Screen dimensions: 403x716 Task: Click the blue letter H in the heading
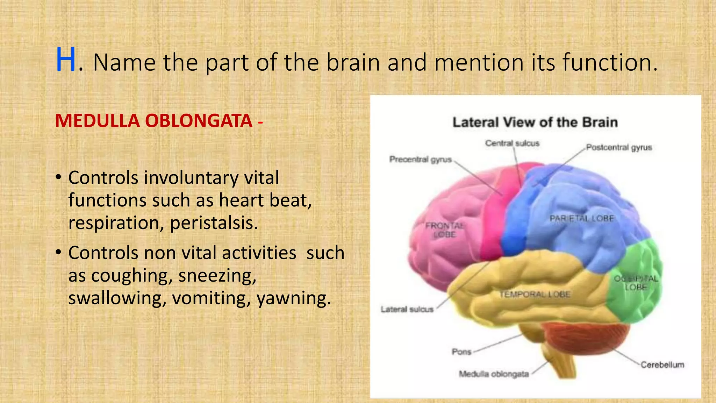(66, 60)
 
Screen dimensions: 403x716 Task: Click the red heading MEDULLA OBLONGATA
(154, 121)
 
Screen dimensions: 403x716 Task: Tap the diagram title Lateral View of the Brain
(535, 122)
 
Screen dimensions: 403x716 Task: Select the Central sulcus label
(512, 143)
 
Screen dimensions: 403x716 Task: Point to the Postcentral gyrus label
(619, 148)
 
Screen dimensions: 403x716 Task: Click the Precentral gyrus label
(421, 160)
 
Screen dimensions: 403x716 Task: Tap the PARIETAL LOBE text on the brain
(582, 219)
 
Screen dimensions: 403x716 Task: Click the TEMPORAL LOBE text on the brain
(535, 295)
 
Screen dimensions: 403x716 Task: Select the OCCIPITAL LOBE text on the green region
(636, 283)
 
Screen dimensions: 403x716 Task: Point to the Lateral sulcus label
(407, 309)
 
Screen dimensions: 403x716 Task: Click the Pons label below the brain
(461, 352)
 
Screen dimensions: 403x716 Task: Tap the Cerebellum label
(662, 365)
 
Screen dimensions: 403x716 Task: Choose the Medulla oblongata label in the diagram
(494, 374)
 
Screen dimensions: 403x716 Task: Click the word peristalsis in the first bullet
(214, 223)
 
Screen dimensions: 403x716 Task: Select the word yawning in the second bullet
(294, 298)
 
